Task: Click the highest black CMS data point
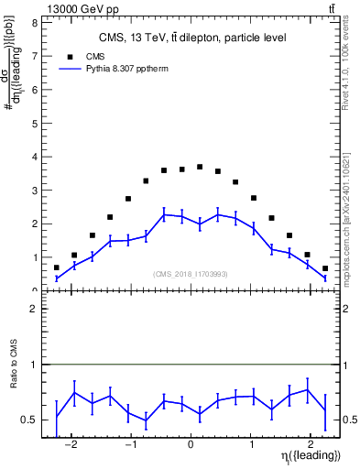(200, 167)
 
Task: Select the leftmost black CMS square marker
(57, 267)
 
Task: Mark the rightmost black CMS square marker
(324, 268)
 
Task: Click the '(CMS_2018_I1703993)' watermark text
(190, 274)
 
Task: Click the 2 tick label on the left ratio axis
(33, 310)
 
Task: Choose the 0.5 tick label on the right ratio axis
(351, 420)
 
